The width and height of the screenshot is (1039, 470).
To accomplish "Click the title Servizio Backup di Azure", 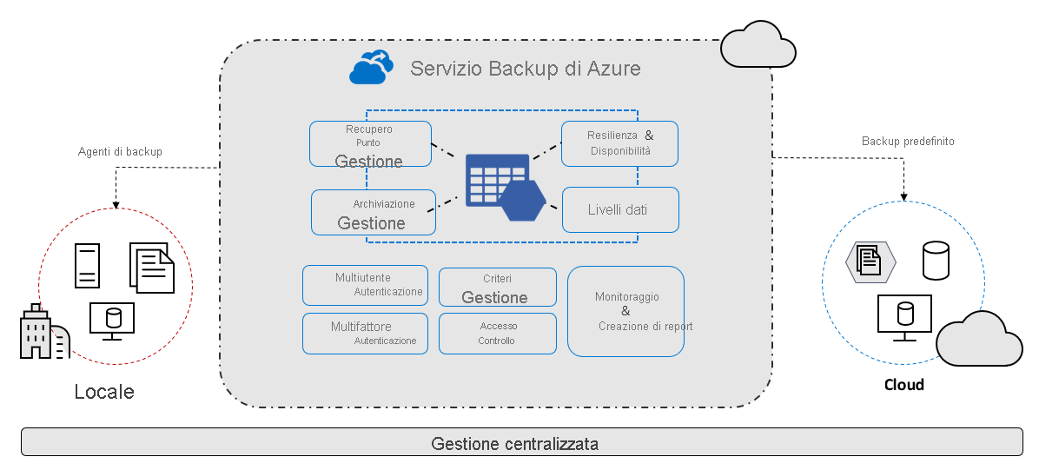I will point(525,68).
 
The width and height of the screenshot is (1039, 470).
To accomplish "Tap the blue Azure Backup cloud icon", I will point(367,68).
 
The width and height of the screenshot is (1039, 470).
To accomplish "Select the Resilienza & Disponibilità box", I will point(619,143).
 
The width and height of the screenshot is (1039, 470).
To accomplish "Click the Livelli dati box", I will point(619,209).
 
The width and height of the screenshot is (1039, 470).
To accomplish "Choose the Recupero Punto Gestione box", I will point(370,143).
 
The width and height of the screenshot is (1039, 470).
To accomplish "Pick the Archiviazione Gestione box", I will point(374,213).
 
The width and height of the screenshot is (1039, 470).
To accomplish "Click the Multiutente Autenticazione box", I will point(365,285).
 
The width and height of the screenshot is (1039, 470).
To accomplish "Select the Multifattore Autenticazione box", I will point(365,334).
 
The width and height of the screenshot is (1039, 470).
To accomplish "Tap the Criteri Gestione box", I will point(497,288).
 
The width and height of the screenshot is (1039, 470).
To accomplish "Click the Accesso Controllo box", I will point(497,334).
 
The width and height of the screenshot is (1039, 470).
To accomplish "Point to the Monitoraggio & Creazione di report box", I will point(625,311).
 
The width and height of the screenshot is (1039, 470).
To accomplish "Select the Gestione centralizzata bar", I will point(521,442).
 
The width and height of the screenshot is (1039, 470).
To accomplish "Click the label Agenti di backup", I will point(120,152).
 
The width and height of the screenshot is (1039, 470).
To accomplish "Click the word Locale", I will point(104,392).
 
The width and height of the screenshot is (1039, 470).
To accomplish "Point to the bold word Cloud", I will point(903,385).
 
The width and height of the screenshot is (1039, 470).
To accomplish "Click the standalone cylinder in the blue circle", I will point(935,261).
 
